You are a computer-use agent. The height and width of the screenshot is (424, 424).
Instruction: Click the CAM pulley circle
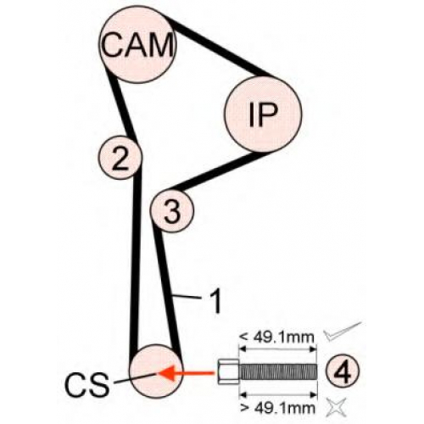[137, 44]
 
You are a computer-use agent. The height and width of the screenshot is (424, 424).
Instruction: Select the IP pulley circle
[263, 114]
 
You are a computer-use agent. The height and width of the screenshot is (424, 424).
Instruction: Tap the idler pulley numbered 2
[120, 158]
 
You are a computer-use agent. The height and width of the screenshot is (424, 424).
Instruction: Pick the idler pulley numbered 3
[172, 211]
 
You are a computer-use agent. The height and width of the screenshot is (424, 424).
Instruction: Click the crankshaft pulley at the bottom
[156, 371]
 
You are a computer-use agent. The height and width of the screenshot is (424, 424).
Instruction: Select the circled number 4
[343, 371]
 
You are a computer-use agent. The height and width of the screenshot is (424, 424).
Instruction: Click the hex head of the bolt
[228, 371]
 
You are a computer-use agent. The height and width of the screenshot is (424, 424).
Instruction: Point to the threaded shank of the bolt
[278, 371]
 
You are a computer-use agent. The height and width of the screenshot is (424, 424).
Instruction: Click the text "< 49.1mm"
[276, 337]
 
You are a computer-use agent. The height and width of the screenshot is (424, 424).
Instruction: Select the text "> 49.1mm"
[277, 408]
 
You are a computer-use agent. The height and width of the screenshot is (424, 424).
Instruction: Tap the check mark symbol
[343, 332]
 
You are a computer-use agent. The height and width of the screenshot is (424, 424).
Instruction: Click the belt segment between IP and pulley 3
[215, 171]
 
